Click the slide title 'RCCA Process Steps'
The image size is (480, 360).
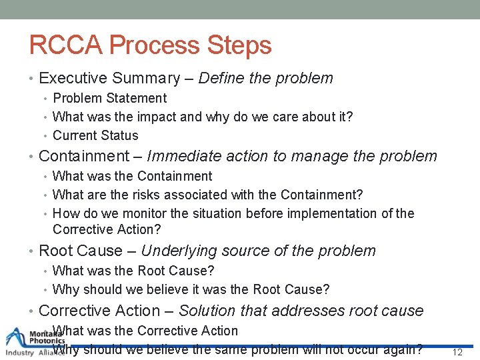click(x=151, y=45)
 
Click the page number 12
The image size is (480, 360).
click(x=457, y=352)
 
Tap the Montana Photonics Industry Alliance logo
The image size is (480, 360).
click(x=33, y=342)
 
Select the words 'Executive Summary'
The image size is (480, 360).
click(x=109, y=78)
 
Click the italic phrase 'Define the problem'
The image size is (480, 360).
click(x=265, y=78)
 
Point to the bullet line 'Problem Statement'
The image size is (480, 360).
click(x=109, y=98)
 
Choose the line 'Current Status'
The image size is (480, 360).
click(x=95, y=135)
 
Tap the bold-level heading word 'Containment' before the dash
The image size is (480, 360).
click(x=84, y=157)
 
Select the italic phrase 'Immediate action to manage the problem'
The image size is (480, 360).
click(x=292, y=157)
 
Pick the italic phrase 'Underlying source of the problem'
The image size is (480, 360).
click(x=258, y=251)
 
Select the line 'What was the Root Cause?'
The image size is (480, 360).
click(x=133, y=271)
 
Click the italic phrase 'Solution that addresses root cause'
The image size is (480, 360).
click(x=301, y=311)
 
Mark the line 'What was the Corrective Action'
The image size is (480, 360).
click(x=145, y=331)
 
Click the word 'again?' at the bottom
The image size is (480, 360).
click(x=403, y=349)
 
